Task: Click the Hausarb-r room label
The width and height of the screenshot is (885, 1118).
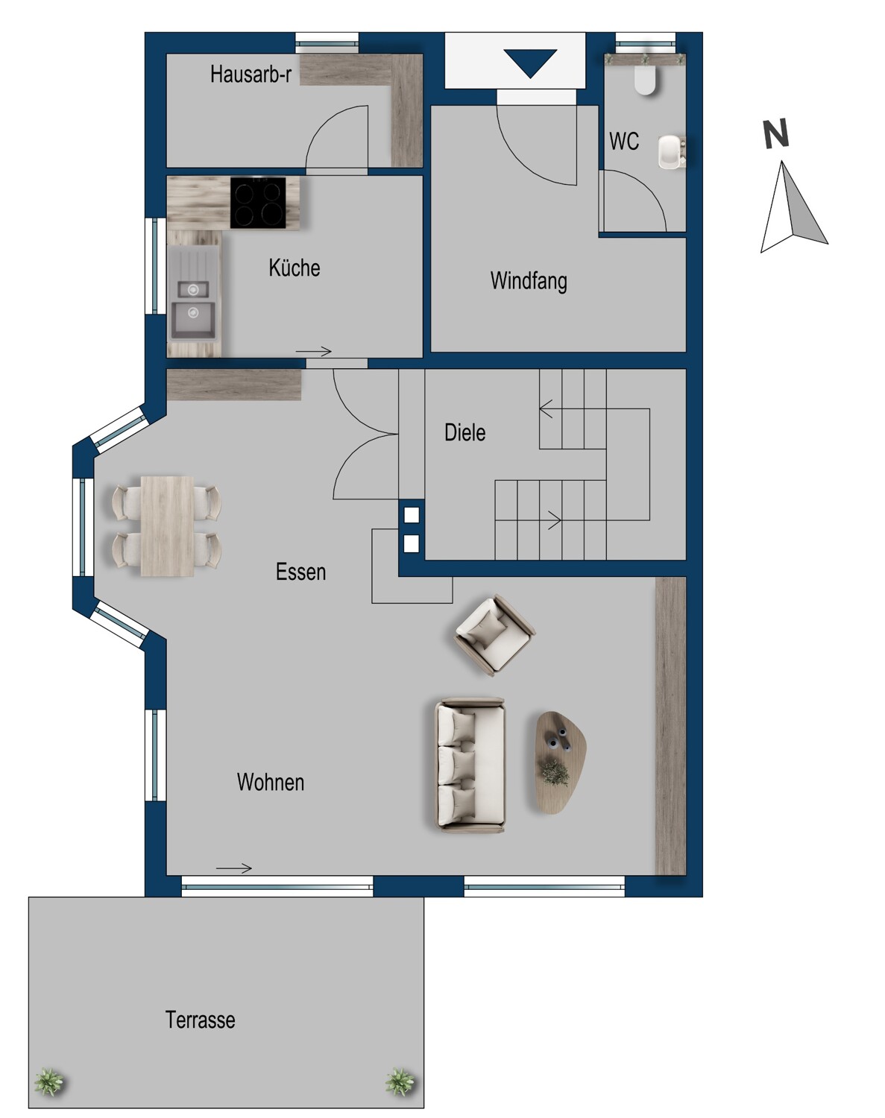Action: click(x=251, y=75)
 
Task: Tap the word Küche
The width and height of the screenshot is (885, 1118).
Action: click(x=295, y=268)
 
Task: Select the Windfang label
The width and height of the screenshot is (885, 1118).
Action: click(x=529, y=281)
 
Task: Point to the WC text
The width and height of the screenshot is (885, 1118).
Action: click(x=623, y=142)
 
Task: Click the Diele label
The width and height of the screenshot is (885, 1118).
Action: click(x=464, y=433)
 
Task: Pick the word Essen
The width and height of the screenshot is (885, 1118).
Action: click(x=301, y=572)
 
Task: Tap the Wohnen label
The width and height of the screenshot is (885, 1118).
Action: click(x=270, y=783)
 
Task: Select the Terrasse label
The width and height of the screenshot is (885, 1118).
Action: click(x=200, y=1020)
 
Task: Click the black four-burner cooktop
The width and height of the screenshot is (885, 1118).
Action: click(x=258, y=203)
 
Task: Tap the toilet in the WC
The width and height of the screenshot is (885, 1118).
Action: click(x=646, y=80)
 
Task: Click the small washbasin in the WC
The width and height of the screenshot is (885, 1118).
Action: click(x=671, y=152)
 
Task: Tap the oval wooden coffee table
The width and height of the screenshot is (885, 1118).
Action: click(x=561, y=762)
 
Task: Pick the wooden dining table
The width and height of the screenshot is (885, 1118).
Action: click(x=167, y=526)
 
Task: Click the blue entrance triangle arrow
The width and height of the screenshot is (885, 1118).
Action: click(x=531, y=63)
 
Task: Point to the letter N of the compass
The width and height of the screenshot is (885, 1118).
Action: click(x=776, y=133)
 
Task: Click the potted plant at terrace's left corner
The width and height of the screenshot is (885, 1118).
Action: click(x=49, y=1081)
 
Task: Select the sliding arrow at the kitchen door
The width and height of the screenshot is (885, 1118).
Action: click(x=314, y=352)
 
